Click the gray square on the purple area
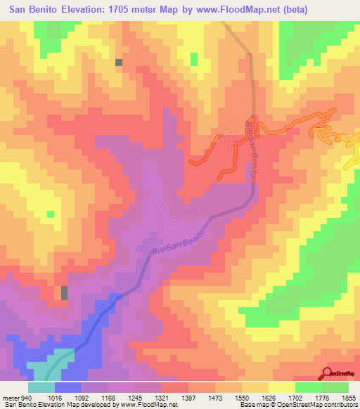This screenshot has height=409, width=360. coord(65,292)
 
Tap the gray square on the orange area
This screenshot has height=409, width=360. coord(119,62)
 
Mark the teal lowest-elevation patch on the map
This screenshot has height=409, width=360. coord(50,364)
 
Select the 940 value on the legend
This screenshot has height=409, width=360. coord(27,396)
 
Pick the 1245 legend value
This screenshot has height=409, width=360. coord(134,396)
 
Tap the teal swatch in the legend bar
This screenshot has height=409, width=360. coord(41,387)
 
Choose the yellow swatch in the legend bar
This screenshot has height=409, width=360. coord(282,387)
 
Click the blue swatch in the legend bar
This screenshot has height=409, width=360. coord(67,387)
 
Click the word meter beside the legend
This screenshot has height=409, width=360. coord(11,396)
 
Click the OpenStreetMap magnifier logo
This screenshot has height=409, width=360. coord(327,372)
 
